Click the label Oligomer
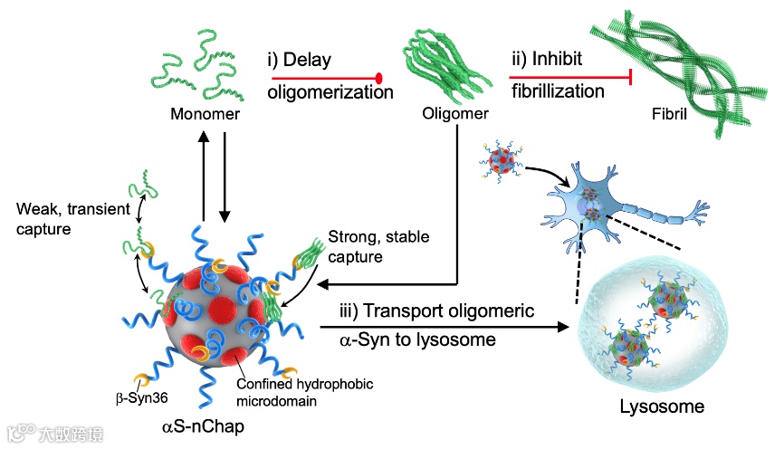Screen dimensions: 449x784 click(455, 114)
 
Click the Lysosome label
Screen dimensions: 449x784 click(661, 406)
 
